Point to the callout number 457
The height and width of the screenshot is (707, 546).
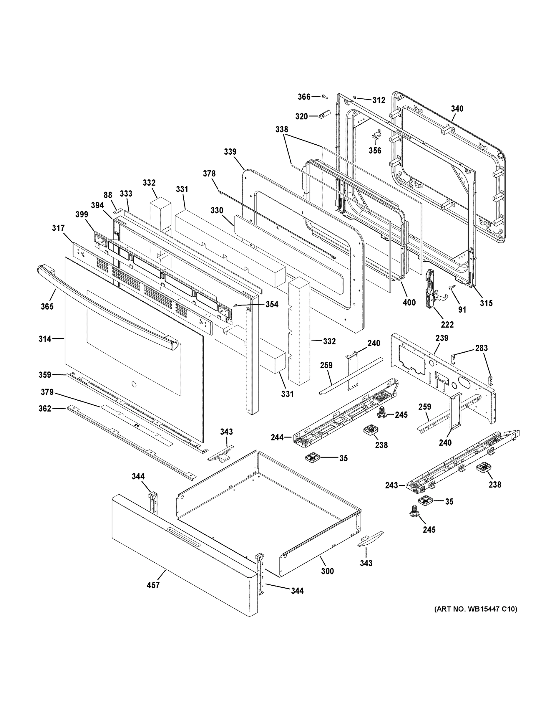pyautogui.click(x=153, y=585)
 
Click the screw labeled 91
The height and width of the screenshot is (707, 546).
pyautogui.click(x=451, y=288)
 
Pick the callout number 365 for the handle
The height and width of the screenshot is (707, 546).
pyautogui.click(x=47, y=306)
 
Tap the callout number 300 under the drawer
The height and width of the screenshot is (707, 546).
pyautogui.click(x=327, y=571)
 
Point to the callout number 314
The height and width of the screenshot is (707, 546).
pyautogui.click(x=45, y=339)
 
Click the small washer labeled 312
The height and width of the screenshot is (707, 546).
pyautogui.click(x=355, y=97)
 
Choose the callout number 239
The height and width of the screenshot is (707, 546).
pyautogui.click(x=442, y=338)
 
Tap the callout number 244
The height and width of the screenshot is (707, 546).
pyautogui.click(x=277, y=438)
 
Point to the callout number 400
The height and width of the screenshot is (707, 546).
pyautogui.click(x=409, y=303)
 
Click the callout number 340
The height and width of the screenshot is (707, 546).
pyautogui.click(x=457, y=109)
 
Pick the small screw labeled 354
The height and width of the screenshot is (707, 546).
pyautogui.click(x=238, y=305)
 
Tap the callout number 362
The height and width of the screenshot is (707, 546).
pyautogui.click(x=45, y=409)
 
